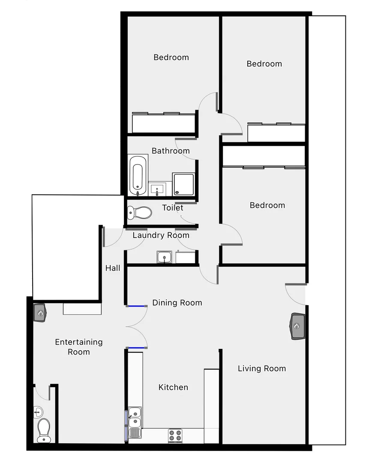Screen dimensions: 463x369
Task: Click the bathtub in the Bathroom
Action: click(138, 175)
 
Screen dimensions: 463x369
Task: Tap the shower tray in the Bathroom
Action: click(183, 184)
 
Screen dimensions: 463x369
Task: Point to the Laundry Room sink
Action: click(164, 257)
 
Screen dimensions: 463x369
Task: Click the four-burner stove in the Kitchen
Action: click(175, 436)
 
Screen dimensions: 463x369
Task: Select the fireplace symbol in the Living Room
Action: click(298, 326)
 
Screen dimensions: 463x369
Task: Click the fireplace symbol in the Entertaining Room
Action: click(40, 313)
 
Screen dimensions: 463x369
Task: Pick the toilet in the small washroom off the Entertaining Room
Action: click(43, 430)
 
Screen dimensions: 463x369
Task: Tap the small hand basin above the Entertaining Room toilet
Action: click(38, 412)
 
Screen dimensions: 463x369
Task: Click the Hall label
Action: click(113, 268)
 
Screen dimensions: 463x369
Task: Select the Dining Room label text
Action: click(177, 303)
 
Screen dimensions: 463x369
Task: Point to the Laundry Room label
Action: click(161, 235)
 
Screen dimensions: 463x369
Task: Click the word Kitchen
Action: click(173, 388)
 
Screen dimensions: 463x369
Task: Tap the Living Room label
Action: click(261, 369)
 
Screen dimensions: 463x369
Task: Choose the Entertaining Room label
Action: click(79, 347)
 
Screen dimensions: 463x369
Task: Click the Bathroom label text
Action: click(171, 151)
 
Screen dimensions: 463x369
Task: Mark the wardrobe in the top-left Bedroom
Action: click(163, 123)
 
